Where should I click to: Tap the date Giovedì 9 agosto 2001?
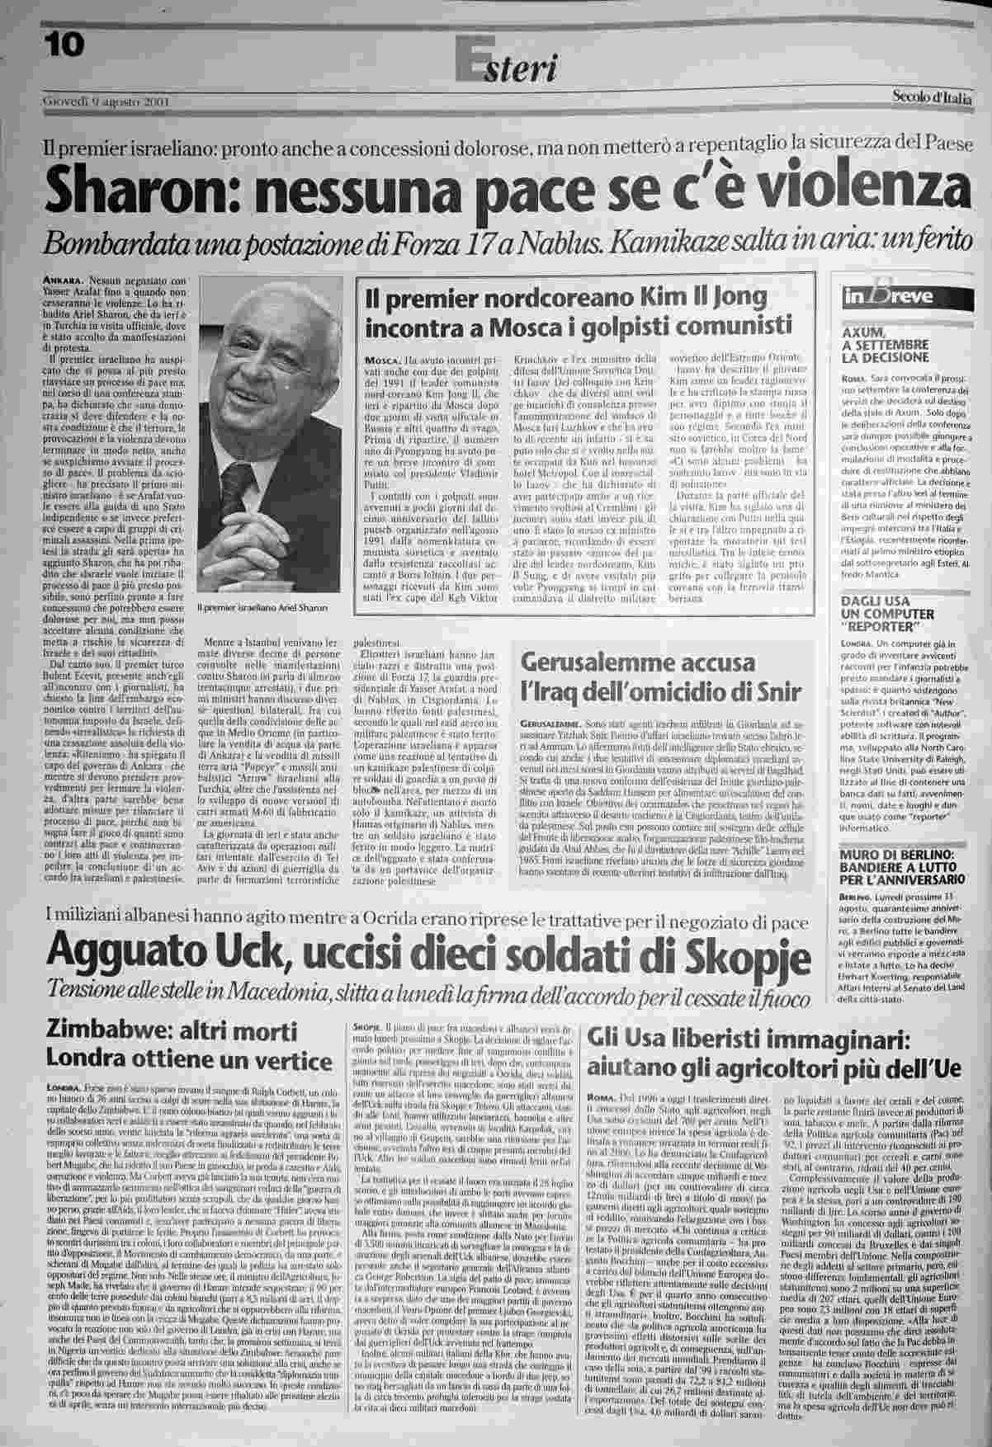(x=106, y=102)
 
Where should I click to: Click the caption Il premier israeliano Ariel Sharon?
(x=262, y=608)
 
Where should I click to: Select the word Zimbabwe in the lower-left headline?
(x=102, y=1031)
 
